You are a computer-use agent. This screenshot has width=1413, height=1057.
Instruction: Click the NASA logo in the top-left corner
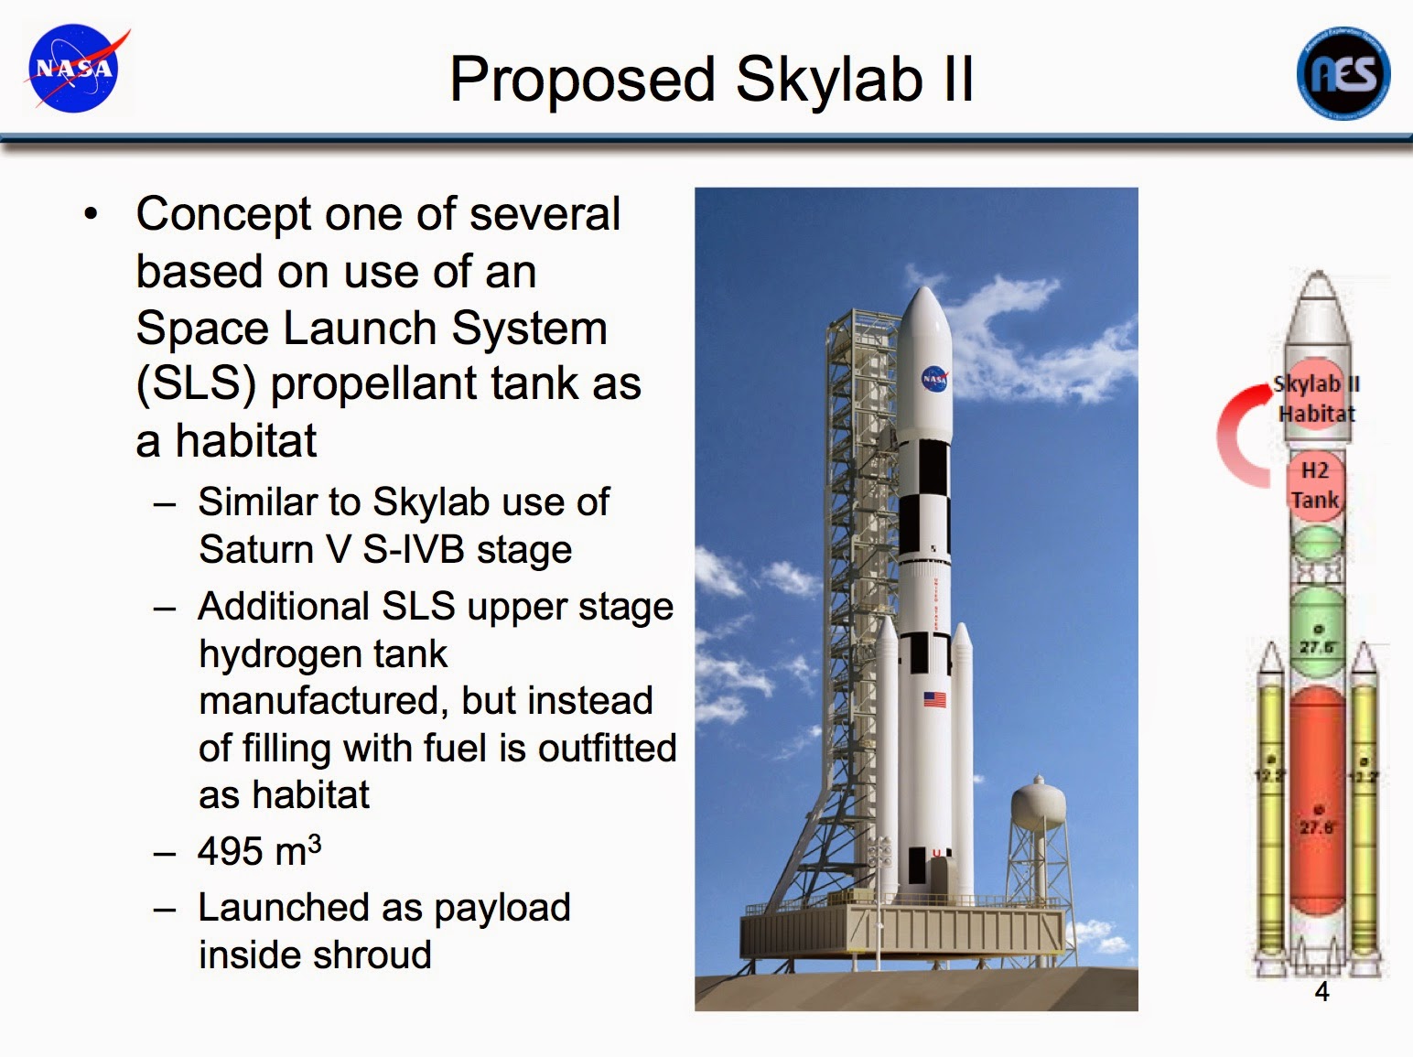(x=73, y=70)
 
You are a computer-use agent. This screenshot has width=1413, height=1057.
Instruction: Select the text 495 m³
(x=259, y=851)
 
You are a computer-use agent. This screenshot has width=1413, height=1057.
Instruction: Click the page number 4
(x=1321, y=991)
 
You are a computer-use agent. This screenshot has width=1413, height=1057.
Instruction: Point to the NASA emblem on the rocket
(x=934, y=378)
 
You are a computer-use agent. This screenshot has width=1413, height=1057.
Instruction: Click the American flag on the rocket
(x=934, y=700)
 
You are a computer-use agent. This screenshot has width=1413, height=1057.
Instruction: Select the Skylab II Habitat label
(x=1316, y=399)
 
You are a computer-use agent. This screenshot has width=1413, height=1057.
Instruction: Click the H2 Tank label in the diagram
(x=1315, y=485)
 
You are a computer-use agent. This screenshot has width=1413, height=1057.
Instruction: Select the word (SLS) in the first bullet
(x=195, y=384)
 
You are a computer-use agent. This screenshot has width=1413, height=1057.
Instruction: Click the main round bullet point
(x=90, y=216)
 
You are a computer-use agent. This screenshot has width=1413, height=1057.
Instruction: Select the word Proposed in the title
(x=582, y=80)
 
